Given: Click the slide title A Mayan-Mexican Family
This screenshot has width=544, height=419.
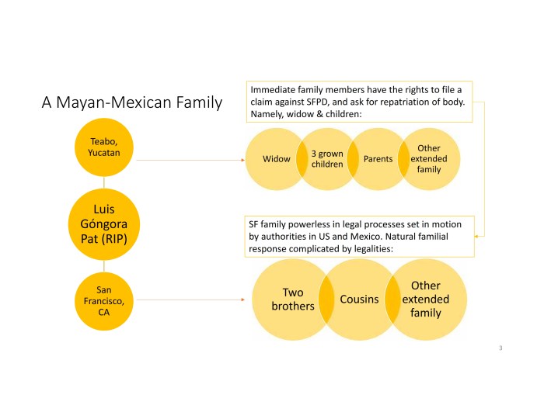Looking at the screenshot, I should (131, 102).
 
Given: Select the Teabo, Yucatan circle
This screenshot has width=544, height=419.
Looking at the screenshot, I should (104, 148).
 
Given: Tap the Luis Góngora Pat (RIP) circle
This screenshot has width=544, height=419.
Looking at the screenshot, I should (104, 223).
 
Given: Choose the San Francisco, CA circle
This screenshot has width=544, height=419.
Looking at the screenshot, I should (104, 300).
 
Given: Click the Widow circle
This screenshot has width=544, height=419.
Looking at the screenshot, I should (274, 159).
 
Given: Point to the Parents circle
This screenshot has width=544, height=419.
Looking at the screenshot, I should (378, 159).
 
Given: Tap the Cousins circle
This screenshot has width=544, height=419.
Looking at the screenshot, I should (359, 300).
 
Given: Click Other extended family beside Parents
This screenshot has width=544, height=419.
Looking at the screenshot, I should (429, 158).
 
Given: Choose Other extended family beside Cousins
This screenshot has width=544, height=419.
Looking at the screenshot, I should (426, 300).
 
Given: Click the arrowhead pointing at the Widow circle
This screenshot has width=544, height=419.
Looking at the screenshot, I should (243, 160).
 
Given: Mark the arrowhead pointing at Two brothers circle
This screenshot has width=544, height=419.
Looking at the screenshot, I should (247, 300).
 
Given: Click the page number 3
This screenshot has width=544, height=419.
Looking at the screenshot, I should (501, 348).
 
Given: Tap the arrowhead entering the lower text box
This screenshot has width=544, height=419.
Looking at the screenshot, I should (479, 235).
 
